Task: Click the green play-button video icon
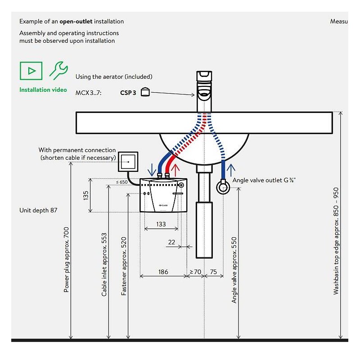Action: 31,71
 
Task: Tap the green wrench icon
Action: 58,70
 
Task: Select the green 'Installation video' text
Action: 43,90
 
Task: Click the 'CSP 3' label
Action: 128,93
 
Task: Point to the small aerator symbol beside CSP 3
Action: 145,92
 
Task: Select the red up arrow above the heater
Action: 175,171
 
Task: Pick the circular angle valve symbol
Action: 223,187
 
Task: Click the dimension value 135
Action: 85,195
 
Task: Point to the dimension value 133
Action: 161,224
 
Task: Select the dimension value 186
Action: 163,272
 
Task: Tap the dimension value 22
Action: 171,242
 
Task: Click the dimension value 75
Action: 213,272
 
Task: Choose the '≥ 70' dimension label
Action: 195,272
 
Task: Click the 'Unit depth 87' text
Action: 38,210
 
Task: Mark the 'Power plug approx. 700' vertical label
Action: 66,260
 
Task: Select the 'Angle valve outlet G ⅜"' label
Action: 264,180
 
